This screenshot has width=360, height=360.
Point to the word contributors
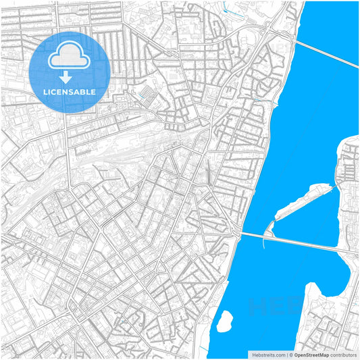click(x=343, y=354)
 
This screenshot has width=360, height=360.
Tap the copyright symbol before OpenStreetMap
click(x=290, y=354)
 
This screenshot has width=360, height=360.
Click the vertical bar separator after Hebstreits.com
click(x=286, y=354)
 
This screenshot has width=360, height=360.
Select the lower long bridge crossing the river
click(x=297, y=242)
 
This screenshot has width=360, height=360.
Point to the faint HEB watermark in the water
click(x=270, y=307)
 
